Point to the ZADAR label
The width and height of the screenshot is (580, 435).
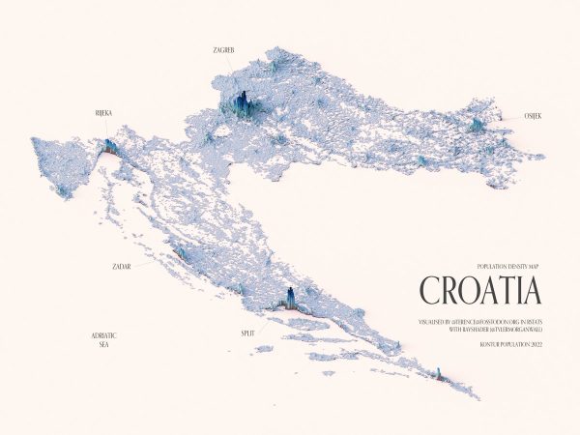[x=122, y=264]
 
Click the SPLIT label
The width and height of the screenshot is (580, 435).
[x=248, y=333]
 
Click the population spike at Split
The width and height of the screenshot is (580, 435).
[x=288, y=298]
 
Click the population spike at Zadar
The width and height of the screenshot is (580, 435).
[x=179, y=252]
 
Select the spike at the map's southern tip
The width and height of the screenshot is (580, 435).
[x=438, y=373]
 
